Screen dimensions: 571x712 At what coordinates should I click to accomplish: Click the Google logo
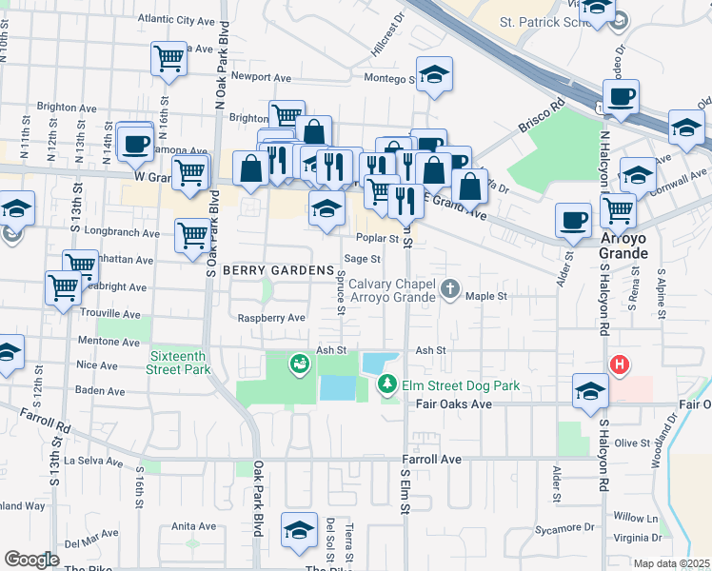point(31,560)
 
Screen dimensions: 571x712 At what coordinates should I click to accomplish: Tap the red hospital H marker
point(620,364)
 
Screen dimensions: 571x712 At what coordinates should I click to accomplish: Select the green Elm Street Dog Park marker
point(387,384)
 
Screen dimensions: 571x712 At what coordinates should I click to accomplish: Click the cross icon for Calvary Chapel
point(451,286)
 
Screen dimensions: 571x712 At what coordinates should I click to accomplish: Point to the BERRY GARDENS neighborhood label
point(267,271)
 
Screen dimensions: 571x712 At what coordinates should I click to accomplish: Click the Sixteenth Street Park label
point(178,363)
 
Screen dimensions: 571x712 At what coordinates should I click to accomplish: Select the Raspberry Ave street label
point(271,318)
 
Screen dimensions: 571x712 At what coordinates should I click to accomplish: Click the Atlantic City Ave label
point(176,19)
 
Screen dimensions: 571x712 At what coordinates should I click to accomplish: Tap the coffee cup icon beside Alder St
point(573,220)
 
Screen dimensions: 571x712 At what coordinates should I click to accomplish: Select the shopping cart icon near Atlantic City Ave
point(168,58)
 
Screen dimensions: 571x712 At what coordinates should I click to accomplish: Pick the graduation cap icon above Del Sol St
point(300,529)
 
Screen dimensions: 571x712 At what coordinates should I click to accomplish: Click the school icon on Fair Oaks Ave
point(590,391)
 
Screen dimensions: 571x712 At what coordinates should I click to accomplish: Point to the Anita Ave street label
point(194,526)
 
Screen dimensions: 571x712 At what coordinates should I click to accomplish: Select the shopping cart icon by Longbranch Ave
point(192,233)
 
